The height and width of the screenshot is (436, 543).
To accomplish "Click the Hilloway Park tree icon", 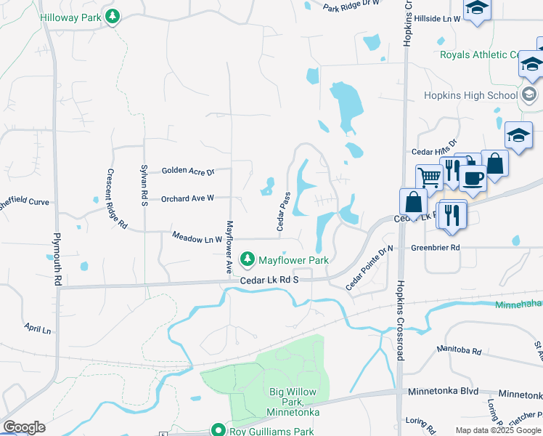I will coord(112,16).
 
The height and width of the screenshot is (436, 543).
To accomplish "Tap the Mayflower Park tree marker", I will coord(248,259).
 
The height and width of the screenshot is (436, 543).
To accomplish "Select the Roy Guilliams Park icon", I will coord(216,430).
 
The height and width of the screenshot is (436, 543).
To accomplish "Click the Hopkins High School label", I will coord(471,95).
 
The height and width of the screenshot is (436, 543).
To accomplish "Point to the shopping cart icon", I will coord(429,176).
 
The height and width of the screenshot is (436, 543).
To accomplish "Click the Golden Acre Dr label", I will coord(188,171).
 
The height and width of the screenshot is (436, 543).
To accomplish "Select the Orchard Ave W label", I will coord(187,198).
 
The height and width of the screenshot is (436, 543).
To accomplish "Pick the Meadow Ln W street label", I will coord(197,237).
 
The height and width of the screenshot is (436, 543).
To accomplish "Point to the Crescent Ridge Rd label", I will coord(117,199).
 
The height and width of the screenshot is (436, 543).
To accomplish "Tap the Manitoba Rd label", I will coord(459,350).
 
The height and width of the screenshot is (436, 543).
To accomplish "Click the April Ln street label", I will coord(37,329).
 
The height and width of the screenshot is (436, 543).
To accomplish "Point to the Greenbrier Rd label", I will coord(436,247).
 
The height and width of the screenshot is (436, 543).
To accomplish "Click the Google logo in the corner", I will coord(24,427).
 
